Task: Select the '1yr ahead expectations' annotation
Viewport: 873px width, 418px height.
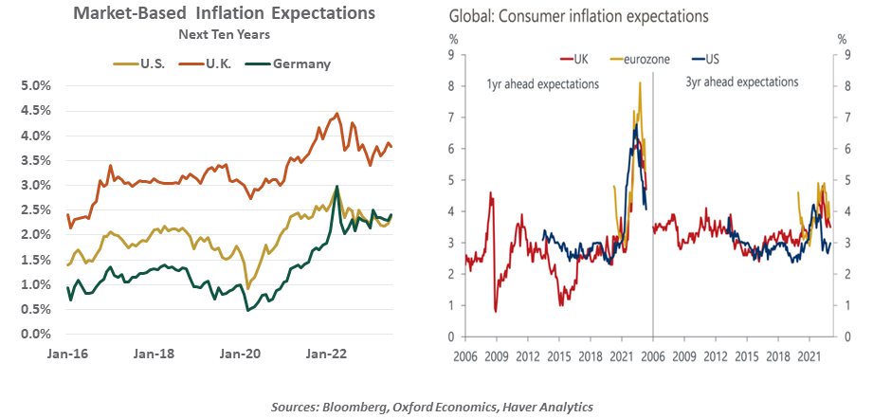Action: point(542,83)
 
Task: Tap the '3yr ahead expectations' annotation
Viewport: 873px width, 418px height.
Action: point(741,82)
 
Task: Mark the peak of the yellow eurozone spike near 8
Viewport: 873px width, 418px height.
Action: point(640,83)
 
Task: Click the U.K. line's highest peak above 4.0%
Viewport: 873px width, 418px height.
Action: point(337,114)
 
